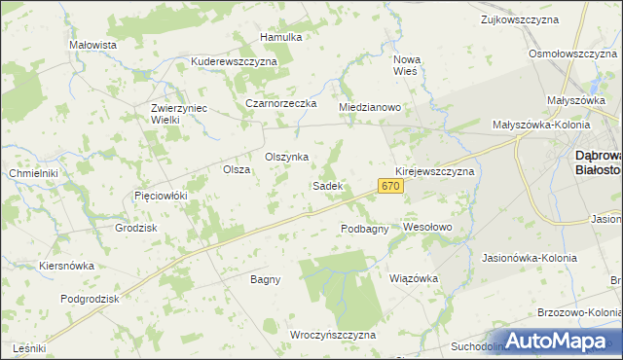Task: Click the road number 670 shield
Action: click(x=390, y=185)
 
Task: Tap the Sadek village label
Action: click(x=326, y=185)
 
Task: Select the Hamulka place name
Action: click(x=281, y=37)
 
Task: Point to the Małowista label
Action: click(x=93, y=45)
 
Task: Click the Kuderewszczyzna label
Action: click(x=235, y=60)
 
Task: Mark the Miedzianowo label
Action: click(x=370, y=107)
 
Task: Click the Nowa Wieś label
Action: click(x=405, y=64)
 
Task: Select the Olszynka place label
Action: click(x=287, y=157)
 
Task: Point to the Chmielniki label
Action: click(x=34, y=173)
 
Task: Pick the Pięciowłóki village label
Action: click(x=160, y=196)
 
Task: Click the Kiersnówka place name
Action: click(x=66, y=265)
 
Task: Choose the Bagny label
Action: click(x=265, y=279)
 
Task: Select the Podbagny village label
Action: click(x=365, y=229)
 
